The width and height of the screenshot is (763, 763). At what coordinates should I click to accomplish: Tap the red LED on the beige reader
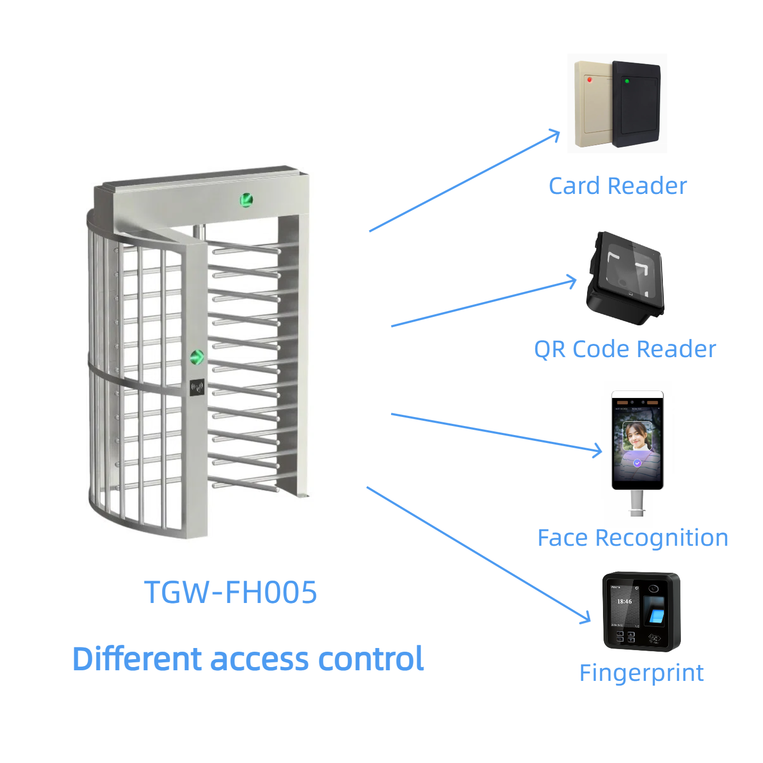tap(589, 79)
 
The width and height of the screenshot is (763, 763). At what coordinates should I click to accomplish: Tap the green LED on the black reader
tap(627, 81)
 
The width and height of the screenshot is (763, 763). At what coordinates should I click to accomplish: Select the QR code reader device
tap(625, 278)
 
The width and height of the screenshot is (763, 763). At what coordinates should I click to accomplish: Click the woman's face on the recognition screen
tap(637, 437)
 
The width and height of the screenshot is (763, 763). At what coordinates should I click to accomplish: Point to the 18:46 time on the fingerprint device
tap(624, 601)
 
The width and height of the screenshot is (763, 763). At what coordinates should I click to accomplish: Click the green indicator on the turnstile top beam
tap(246, 200)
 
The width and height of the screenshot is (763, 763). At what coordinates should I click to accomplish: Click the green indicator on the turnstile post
tap(197, 357)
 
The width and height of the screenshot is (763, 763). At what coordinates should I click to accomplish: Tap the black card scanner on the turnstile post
tap(197, 387)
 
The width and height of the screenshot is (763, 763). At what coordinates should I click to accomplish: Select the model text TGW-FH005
tap(230, 592)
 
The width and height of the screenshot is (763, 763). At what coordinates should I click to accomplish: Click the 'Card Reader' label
tap(617, 186)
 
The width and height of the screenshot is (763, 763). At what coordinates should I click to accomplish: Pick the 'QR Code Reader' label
tap(625, 349)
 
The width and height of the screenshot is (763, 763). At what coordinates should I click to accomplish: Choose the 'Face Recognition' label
tap(633, 538)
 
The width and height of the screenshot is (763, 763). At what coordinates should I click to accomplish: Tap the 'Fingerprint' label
tap(641, 673)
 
